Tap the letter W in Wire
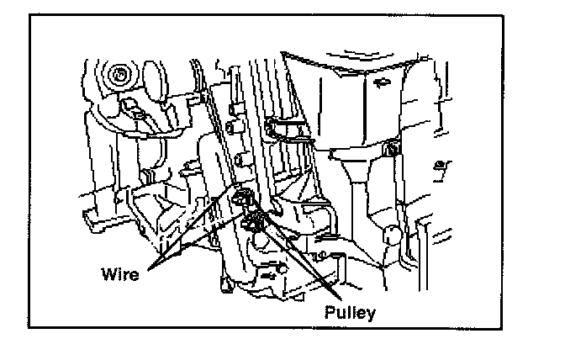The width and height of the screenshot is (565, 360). pos(108,273)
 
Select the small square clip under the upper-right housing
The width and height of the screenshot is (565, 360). pos(393,150)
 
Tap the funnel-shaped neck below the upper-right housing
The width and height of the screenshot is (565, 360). pos(357,181)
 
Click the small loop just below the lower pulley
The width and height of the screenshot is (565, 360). pos(255,240)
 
